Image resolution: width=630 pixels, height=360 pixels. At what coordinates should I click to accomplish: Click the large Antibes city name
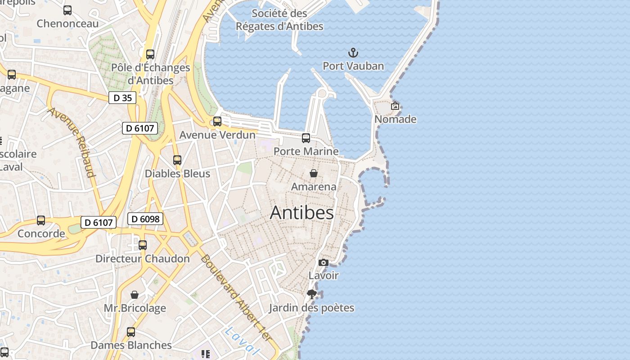pos(301,213)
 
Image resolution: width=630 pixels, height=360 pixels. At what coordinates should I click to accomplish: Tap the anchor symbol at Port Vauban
pos(353,53)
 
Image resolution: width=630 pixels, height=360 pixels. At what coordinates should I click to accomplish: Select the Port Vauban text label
pos(353,66)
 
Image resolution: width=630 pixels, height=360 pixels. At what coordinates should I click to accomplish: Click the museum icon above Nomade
pos(395,106)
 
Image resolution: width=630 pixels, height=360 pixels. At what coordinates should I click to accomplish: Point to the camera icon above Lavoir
pos(323,263)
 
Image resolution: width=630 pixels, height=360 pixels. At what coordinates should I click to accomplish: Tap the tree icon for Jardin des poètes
pos(311,295)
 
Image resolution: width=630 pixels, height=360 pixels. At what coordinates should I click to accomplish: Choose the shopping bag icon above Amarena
pos(314,173)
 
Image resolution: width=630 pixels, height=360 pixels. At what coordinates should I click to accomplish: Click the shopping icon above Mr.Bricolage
pos(134,295)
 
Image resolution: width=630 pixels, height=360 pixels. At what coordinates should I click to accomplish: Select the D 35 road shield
pos(122,98)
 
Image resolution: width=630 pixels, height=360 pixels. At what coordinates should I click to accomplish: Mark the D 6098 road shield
pos(145,219)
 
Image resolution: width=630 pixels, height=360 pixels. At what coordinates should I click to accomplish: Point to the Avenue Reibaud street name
pos(72,142)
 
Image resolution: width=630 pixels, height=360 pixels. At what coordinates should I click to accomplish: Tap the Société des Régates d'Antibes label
pos(279,20)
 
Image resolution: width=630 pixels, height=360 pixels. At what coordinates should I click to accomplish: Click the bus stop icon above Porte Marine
pos(306,138)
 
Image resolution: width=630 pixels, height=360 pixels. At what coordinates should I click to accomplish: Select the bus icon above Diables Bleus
pos(177,160)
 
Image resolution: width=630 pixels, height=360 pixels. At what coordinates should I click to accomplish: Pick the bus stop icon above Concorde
pos(41,220)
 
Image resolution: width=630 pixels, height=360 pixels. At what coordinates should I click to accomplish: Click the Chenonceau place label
pos(67,23)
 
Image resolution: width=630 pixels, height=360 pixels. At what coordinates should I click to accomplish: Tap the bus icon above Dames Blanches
pos(131,332)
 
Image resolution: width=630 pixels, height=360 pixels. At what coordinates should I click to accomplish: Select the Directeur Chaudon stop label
pos(143,259)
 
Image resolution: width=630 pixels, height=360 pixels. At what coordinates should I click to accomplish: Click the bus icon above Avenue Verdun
pos(217,121)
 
